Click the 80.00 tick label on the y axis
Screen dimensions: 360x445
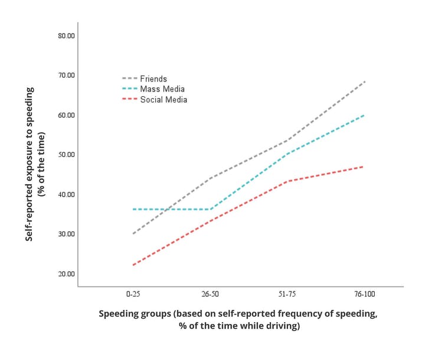tap(66, 35)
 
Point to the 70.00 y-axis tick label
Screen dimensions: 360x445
tap(66, 75)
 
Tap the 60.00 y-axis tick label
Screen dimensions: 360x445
tap(66, 115)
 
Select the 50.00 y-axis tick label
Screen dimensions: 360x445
tap(66, 155)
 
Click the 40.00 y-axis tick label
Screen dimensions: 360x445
tap(66, 194)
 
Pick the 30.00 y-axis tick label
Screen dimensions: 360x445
tap(66, 234)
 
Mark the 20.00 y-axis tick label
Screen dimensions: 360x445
tap(66, 274)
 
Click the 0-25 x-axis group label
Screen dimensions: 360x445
tap(133, 293)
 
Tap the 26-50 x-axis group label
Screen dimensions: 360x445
tap(210, 293)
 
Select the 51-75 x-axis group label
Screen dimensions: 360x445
tap(287, 293)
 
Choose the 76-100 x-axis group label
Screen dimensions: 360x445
tap(365, 293)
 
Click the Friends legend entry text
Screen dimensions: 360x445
tap(153, 78)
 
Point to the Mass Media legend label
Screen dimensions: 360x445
tap(162, 89)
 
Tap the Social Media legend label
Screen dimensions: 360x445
tap(163, 100)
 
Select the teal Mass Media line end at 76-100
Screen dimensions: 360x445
tap(364, 115)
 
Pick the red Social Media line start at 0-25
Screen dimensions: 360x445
tap(133, 265)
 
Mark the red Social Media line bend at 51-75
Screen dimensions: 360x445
tap(287, 181)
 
